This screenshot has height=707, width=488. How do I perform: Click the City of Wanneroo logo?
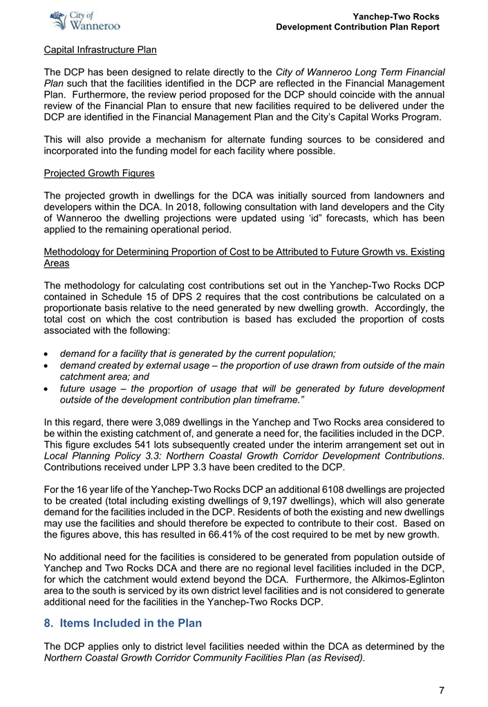coord(86,21)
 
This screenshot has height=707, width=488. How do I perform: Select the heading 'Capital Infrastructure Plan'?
coord(100,50)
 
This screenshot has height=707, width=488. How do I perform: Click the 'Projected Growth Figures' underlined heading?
coord(99,172)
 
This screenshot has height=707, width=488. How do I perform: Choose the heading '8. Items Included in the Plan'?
coord(122,623)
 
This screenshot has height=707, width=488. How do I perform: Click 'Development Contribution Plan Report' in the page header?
coord(357,26)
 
